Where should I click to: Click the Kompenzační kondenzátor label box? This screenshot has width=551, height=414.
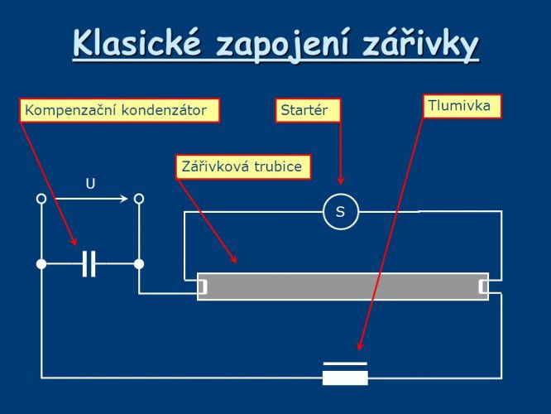tap(119, 110)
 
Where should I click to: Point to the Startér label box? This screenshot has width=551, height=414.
tap(308, 110)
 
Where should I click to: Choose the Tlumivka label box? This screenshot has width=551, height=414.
tap(462, 106)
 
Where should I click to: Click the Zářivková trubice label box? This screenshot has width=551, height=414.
tap(243, 166)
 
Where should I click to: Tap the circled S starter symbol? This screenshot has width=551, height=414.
tap(341, 212)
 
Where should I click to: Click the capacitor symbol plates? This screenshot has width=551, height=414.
tap(89, 264)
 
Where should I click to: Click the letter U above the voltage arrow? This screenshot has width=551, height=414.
tap(90, 184)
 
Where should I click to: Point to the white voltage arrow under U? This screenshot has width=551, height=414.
tap(91, 199)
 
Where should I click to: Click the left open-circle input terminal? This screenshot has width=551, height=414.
tap(41, 199)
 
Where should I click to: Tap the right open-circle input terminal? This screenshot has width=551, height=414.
tap(139, 199)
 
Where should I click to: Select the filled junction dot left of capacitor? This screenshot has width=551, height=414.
tap(41, 264)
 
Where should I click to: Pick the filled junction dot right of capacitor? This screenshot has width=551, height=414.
tap(139, 264)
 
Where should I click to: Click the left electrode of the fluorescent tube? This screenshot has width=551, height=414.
tap(202, 286)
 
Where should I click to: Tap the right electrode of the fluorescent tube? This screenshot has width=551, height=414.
tap(483, 286)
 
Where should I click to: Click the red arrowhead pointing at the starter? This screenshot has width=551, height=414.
tap(340, 181)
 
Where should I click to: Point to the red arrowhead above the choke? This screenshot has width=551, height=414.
tap(360, 345)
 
